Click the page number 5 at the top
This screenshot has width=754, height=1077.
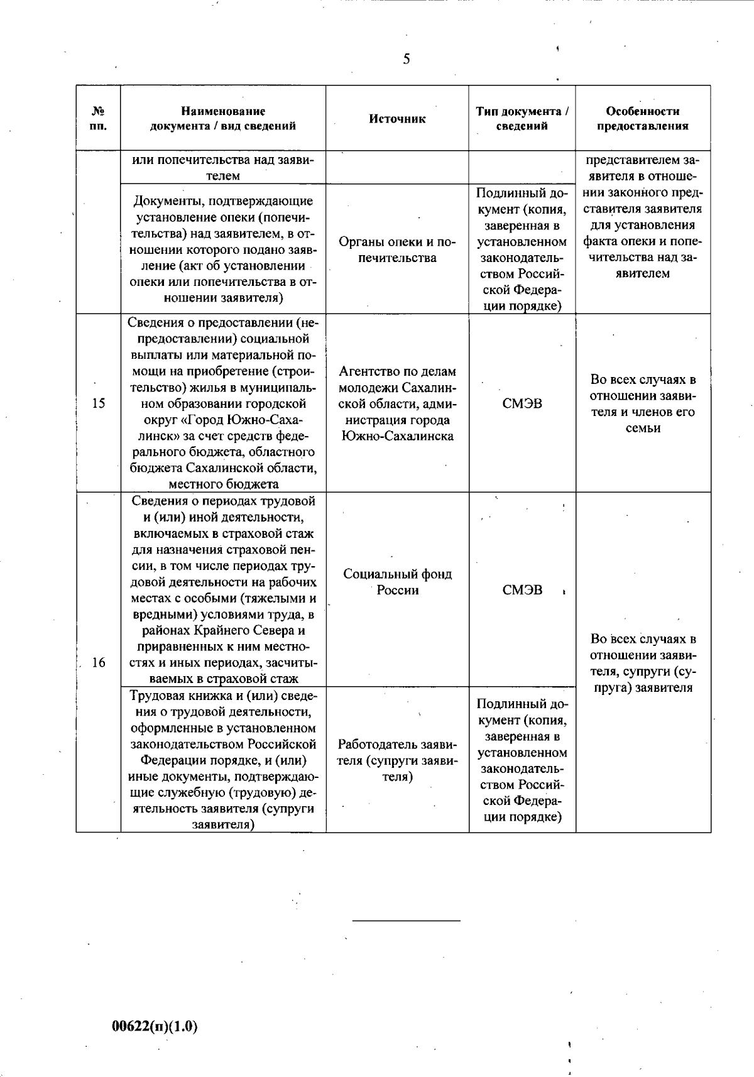pos(407,59)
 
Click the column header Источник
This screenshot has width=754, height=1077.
pos(397,119)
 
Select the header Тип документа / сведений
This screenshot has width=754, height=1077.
pos(522,119)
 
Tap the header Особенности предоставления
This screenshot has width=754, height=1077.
pos(642,119)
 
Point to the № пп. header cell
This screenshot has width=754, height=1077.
pos(98,119)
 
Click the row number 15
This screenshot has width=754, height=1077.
pos(98,403)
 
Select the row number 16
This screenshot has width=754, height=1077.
pos(98,662)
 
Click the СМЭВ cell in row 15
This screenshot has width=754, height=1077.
pos(522,403)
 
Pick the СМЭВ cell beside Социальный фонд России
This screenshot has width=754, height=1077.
pos(522,590)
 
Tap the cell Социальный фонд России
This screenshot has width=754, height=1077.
pos(397,582)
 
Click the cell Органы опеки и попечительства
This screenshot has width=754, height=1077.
pos(397,250)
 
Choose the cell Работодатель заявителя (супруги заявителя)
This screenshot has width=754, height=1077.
pos(397,760)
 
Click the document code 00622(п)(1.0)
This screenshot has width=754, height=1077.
pos(155,1027)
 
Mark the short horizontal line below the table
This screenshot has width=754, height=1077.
pos(406,921)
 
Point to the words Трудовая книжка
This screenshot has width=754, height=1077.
pos(176,696)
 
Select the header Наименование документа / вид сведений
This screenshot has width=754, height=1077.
pos(223,119)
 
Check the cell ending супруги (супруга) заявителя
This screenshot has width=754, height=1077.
pos(642,663)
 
